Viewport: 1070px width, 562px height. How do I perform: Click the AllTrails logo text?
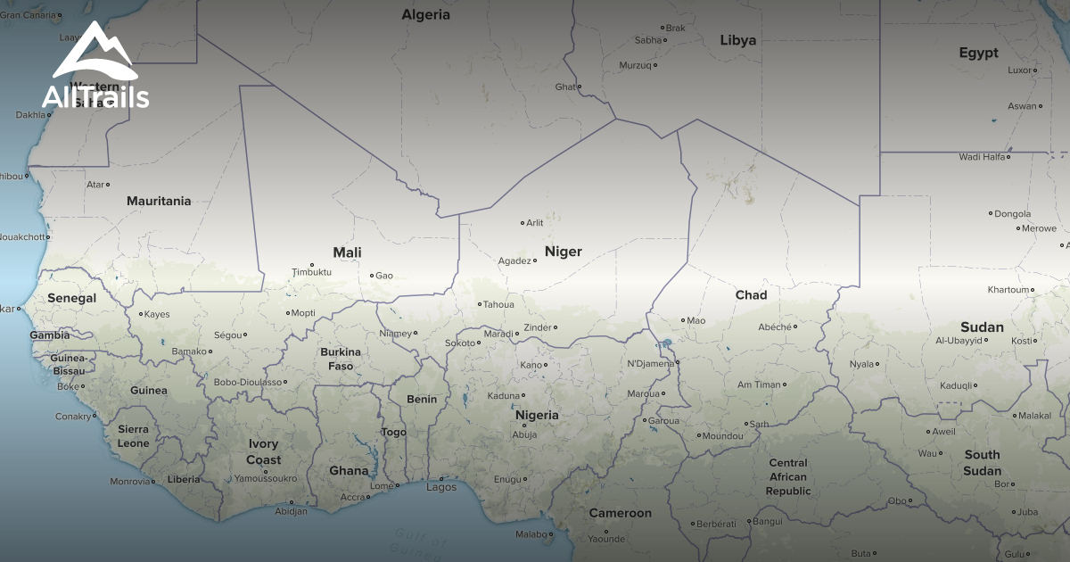95,96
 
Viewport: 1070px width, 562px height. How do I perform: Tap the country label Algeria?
425,15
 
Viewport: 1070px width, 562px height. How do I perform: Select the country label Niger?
563,252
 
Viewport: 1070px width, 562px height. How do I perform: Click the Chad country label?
751,295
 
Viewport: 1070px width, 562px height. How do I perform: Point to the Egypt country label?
978,54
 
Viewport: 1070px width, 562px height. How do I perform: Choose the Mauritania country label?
159,201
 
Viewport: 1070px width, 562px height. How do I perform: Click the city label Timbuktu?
311,272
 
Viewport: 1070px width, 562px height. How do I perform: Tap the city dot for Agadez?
535,260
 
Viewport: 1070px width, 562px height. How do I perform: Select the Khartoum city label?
1008,290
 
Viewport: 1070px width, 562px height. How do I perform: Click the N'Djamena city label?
650,363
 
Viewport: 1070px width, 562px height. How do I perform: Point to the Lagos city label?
441,487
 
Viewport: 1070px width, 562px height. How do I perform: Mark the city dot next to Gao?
372,276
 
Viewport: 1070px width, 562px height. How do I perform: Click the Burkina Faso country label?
341,359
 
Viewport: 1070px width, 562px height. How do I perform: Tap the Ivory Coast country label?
264,452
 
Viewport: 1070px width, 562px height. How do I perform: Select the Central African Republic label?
788,477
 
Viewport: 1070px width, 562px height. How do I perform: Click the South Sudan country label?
982,462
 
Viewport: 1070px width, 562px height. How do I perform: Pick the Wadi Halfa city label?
982,157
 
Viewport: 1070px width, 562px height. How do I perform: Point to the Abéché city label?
774,327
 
